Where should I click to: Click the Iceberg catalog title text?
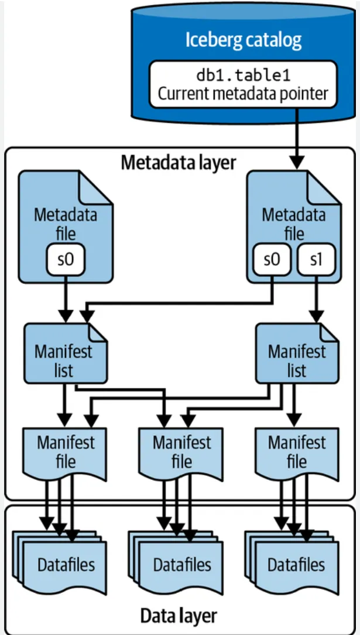(x=243, y=40)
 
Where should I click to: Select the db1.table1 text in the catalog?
(x=243, y=76)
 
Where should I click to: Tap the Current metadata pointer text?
(x=243, y=94)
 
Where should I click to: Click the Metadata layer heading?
(x=178, y=162)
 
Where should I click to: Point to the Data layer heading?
(x=178, y=616)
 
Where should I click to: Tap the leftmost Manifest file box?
(x=65, y=451)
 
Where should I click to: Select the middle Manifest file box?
(x=181, y=451)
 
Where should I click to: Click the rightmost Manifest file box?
(x=296, y=451)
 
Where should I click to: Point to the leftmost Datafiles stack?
(x=65, y=563)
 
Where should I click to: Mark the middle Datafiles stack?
(x=181, y=563)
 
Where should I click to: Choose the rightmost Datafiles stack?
(x=296, y=563)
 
